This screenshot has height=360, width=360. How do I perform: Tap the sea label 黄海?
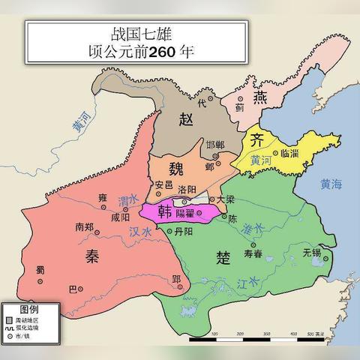point(330,184)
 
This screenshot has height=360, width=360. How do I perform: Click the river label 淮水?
point(256,227)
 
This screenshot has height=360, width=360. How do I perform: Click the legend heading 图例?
point(29,309)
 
